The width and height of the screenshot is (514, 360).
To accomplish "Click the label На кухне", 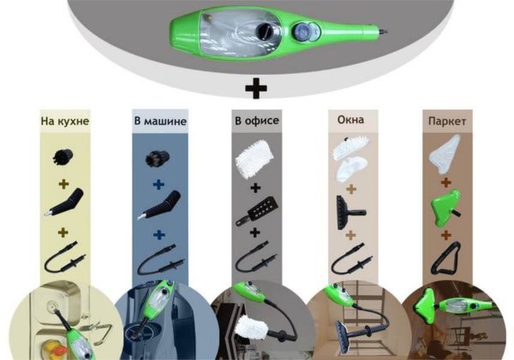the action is click(65, 121).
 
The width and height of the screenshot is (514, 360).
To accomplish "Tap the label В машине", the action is click(160, 121).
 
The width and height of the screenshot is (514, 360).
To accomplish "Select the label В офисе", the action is click(257, 120).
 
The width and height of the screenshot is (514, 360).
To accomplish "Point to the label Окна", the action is click(350, 119).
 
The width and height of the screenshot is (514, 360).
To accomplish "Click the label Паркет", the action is click(447, 122).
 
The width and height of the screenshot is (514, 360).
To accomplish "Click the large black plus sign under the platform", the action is click(256, 88).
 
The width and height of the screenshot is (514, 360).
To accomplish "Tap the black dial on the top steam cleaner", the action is click(264, 31).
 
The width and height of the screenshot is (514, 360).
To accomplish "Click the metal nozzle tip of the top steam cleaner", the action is click(383, 32).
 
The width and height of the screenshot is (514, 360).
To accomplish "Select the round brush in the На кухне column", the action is click(63, 157).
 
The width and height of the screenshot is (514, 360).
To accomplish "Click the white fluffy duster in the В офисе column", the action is click(254, 159).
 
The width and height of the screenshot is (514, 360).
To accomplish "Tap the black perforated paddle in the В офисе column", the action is click(258, 212).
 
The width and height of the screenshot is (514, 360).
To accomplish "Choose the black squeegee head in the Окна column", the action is click(350, 212).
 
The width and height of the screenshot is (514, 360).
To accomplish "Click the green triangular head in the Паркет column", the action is click(444, 207).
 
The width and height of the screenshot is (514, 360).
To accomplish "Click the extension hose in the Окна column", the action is click(351, 259).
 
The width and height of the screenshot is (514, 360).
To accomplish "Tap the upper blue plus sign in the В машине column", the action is click(158, 184).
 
